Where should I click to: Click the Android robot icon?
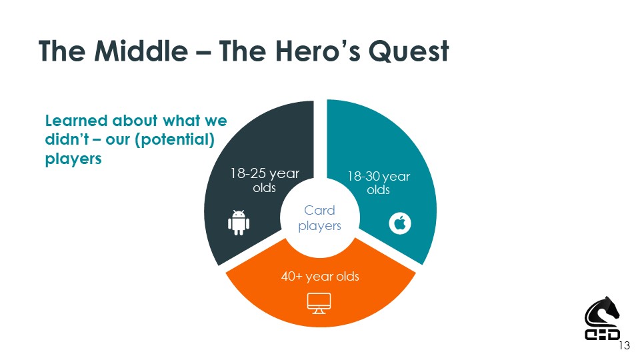coord(239,223)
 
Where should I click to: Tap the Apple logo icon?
coord(400,223)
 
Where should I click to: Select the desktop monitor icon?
coord(319,303)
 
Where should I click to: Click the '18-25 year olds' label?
coord(265,181)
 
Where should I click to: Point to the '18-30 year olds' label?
coord(379,183)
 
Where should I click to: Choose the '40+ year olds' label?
coord(320,276)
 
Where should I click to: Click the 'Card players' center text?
coord(319,218)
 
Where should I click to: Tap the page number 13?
coord(625,346)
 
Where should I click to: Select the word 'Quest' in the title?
coord(409,51)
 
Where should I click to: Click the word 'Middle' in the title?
coord(141,51)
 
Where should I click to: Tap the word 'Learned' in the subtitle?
coord(76,121)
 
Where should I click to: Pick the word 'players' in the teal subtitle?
coord(73,159)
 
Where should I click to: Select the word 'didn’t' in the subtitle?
coord(67,139)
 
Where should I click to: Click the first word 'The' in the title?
coord(62,51)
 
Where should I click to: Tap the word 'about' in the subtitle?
coord(135,121)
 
